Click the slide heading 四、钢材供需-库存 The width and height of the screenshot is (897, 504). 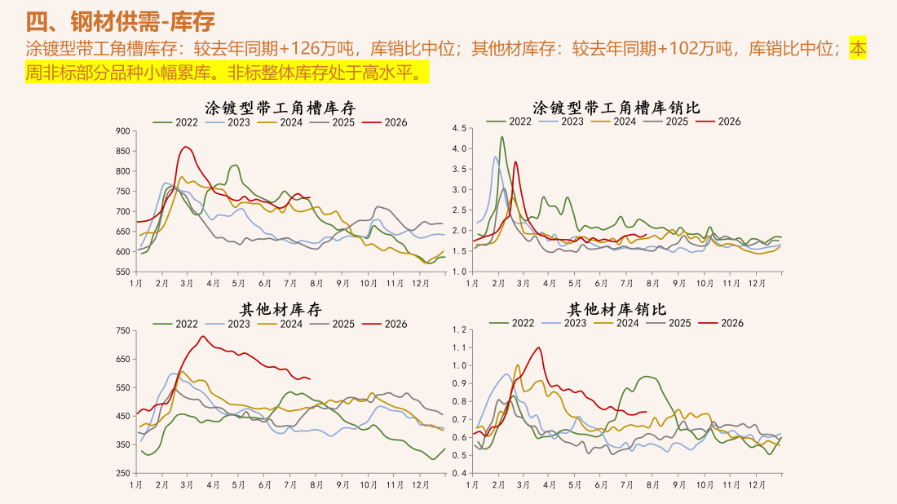click(x=120, y=22)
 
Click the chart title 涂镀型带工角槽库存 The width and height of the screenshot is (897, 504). click(x=281, y=108)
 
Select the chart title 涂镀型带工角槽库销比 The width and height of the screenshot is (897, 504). click(x=616, y=108)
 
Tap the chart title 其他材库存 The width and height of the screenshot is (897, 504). click(x=281, y=309)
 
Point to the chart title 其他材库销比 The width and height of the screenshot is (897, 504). click(x=616, y=309)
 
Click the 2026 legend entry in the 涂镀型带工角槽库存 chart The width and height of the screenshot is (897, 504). click(x=385, y=122)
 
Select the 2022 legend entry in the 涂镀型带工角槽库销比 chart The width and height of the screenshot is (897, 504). click(x=509, y=122)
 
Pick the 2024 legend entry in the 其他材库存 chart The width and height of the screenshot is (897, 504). click(x=281, y=324)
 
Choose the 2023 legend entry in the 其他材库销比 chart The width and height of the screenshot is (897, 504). click(x=564, y=323)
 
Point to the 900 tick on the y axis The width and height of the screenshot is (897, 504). click(x=123, y=131)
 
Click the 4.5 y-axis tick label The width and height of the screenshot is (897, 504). click(x=459, y=128)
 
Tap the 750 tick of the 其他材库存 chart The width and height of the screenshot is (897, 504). click(x=123, y=330)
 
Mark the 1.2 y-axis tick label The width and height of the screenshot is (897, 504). click(x=459, y=329)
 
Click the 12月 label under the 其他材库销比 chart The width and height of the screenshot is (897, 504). click(x=757, y=484)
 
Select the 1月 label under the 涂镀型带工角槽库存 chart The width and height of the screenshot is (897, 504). click(x=135, y=283)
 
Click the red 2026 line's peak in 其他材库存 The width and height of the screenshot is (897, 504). click(x=203, y=336)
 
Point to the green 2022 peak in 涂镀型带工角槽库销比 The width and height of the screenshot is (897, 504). click(x=502, y=137)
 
